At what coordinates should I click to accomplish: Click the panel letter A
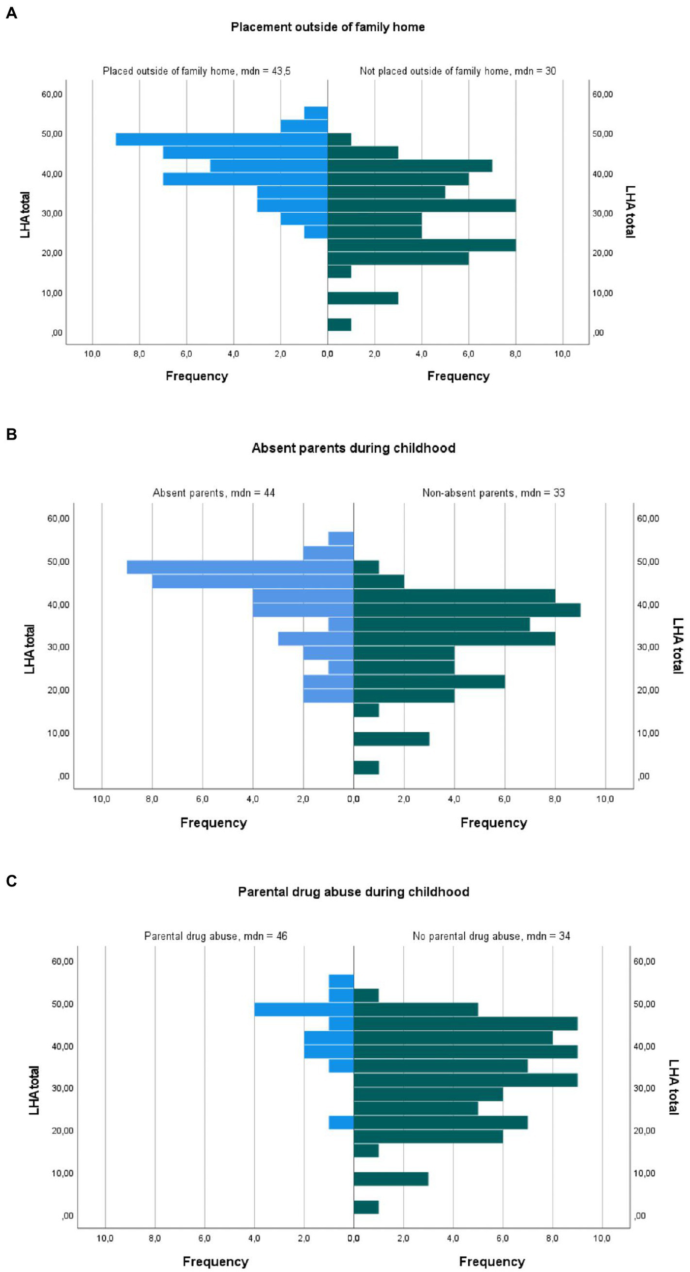[x=11, y=13]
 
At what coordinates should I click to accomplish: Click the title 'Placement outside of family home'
[x=327, y=27]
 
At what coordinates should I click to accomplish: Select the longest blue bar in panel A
[x=221, y=139]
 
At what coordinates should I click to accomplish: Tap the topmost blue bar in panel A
[x=316, y=112]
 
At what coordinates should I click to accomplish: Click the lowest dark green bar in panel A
[x=339, y=324]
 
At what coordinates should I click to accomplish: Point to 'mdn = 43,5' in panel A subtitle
[x=265, y=71]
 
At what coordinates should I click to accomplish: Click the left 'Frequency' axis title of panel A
[x=197, y=376]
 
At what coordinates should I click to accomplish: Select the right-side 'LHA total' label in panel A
[x=630, y=211]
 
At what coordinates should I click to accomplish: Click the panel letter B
[x=11, y=434]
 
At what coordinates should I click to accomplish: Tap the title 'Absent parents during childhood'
[x=353, y=448]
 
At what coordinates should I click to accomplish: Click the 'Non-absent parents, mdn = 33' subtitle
[x=493, y=493]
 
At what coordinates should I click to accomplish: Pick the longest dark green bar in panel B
[x=467, y=610]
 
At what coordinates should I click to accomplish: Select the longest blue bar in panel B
[x=240, y=567]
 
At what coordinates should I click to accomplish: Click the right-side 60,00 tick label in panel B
[x=647, y=518]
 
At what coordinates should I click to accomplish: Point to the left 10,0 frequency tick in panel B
[x=101, y=799]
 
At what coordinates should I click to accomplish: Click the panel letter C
[x=11, y=880]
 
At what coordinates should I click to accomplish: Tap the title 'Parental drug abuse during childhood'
[x=353, y=891]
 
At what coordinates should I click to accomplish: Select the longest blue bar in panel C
[x=304, y=1009]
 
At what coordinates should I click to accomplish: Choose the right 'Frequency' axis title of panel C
[x=492, y=1261]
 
